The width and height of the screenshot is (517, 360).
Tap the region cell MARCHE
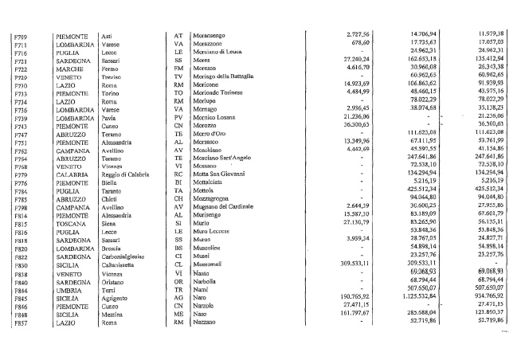[x=69, y=69]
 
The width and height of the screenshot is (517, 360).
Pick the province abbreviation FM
[x=178, y=69]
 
